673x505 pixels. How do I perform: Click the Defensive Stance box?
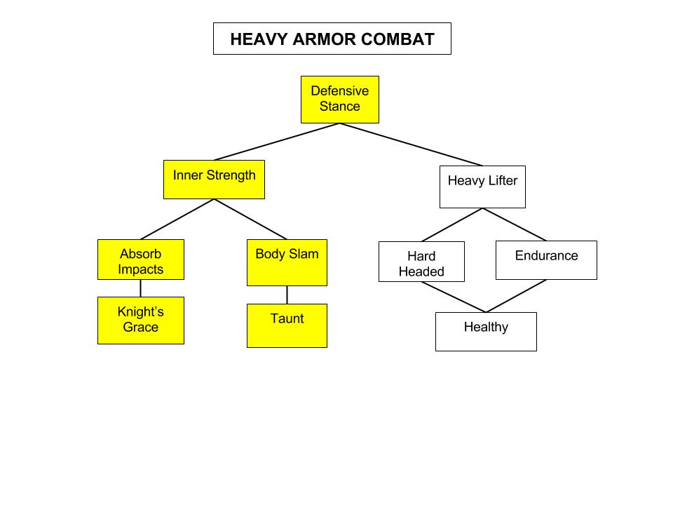(340, 100)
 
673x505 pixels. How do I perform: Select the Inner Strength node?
(214, 180)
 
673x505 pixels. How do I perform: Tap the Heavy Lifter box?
(482, 187)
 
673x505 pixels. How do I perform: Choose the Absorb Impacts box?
(140, 260)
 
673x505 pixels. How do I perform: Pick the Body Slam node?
(287, 262)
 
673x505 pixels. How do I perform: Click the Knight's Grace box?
(140, 321)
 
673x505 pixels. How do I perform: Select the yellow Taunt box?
(287, 325)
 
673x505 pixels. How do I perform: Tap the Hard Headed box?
(421, 262)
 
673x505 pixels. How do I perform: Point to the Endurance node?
(546, 260)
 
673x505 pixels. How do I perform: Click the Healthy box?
(486, 332)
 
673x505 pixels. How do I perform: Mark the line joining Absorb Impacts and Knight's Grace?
(140, 288)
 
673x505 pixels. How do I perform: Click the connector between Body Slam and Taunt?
(287, 295)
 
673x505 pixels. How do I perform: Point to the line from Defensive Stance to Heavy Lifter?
(412, 144)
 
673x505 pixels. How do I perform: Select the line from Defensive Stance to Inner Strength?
(277, 142)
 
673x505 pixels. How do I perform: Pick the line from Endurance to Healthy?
(516, 296)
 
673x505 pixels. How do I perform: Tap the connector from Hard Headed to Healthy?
(454, 297)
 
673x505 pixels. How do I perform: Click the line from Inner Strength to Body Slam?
(250, 220)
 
